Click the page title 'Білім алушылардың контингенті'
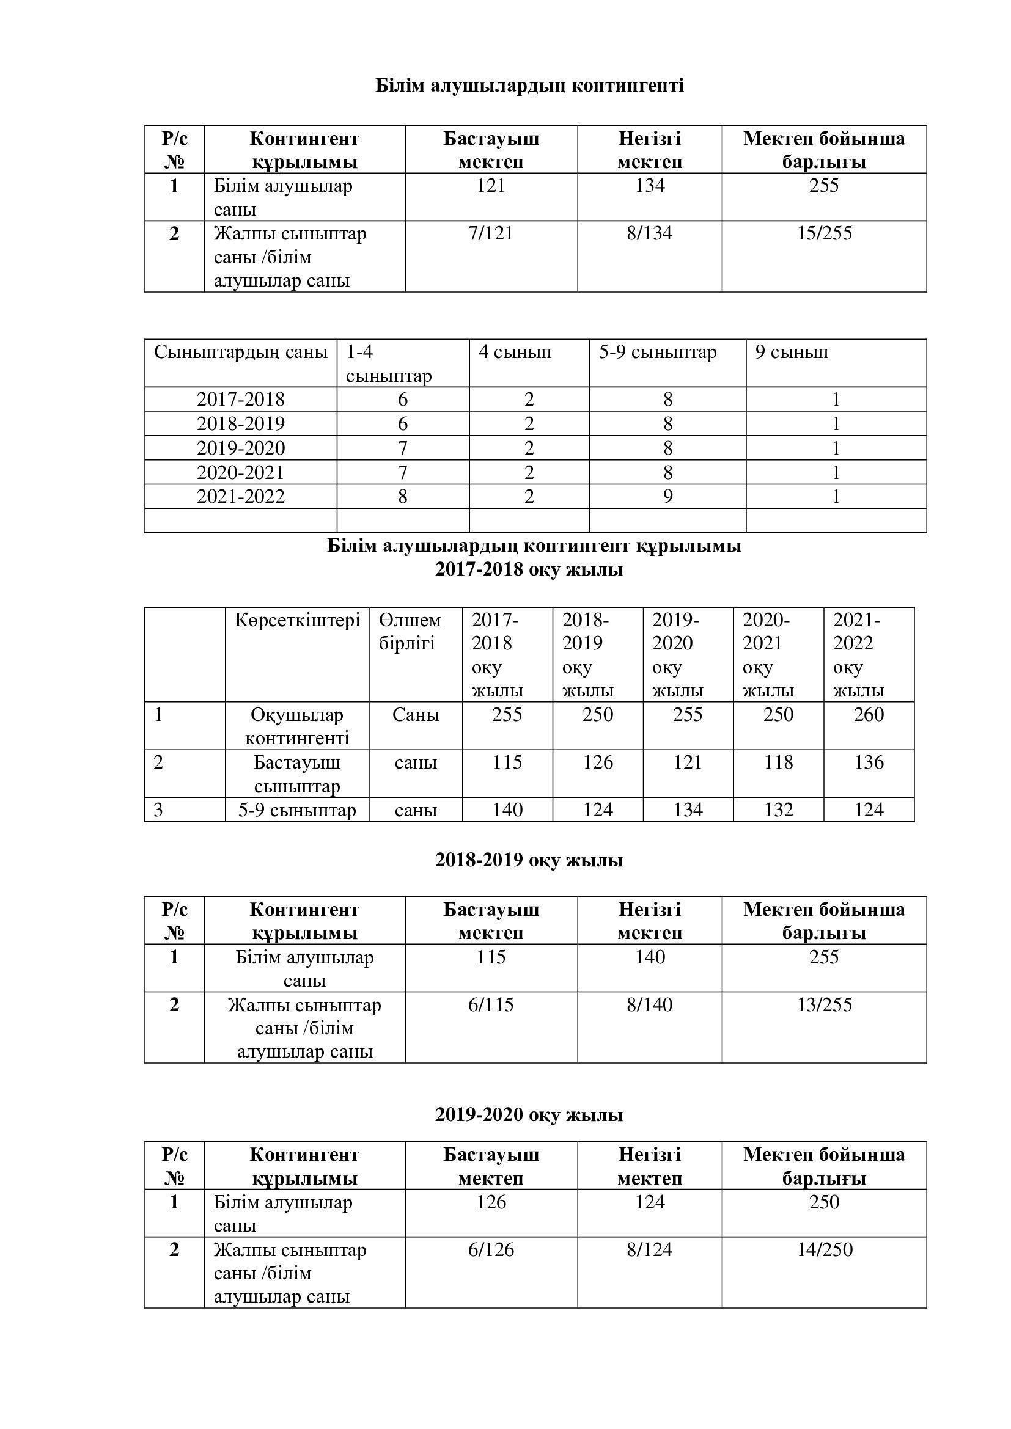click(x=529, y=86)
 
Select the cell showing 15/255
click(x=823, y=233)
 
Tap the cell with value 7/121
click(x=491, y=233)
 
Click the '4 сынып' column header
click(x=515, y=353)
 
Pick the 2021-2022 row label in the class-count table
click(x=240, y=497)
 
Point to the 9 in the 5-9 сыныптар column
click(x=667, y=497)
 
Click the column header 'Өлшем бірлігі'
click(x=410, y=631)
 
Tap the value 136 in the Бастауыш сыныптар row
click(x=869, y=762)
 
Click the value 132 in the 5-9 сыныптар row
click(x=778, y=810)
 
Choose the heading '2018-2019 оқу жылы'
click(x=529, y=860)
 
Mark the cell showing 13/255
click(x=823, y=1004)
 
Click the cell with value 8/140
click(x=649, y=1004)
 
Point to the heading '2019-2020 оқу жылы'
click(x=529, y=1115)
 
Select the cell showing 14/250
click(x=823, y=1250)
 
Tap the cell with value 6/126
click(x=491, y=1250)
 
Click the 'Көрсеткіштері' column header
click(x=297, y=620)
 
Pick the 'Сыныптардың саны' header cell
click(x=240, y=353)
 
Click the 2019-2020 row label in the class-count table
click(x=240, y=448)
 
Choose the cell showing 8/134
click(x=649, y=233)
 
